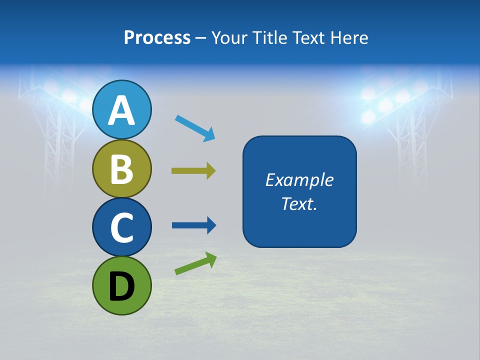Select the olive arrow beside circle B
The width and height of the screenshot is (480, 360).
(x=193, y=171)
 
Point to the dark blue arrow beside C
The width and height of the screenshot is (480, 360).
(x=194, y=225)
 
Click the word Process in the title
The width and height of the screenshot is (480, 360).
(x=157, y=38)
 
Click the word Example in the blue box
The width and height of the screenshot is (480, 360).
(x=299, y=180)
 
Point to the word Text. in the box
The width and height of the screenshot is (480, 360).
(x=299, y=204)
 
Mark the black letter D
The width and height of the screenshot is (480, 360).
(x=121, y=286)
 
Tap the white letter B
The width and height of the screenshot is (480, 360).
(x=121, y=169)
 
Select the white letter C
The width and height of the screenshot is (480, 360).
(x=121, y=227)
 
